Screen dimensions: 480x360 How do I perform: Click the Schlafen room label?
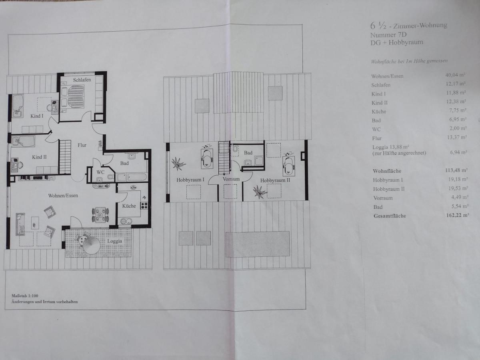pyautogui.click(x=82, y=80)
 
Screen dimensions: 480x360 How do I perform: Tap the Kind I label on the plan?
pyautogui.click(x=37, y=116)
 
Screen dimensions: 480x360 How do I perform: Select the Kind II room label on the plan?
pyautogui.click(x=39, y=157)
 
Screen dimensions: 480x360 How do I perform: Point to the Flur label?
pyautogui.click(x=82, y=145)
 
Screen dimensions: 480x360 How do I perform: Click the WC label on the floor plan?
pyautogui.click(x=100, y=172)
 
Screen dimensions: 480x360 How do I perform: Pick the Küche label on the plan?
pyautogui.click(x=129, y=206)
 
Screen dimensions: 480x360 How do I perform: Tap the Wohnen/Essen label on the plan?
pyautogui.click(x=63, y=196)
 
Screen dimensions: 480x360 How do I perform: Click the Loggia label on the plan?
pyautogui.click(x=114, y=241)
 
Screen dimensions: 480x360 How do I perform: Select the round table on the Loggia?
pyautogui.click(x=92, y=246)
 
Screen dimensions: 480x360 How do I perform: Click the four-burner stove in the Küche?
pyautogui.click(x=144, y=206)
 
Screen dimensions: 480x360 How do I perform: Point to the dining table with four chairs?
pyautogui.click(x=100, y=215)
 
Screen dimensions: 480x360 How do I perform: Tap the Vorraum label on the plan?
pyautogui.click(x=231, y=179)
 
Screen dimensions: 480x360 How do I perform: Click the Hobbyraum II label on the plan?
pyautogui.click(x=275, y=180)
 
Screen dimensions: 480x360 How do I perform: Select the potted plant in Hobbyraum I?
pyautogui.click(x=178, y=164)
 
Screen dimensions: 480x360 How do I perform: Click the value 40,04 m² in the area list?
pyautogui.click(x=455, y=75)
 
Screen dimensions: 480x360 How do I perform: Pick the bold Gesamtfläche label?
pyautogui.click(x=390, y=216)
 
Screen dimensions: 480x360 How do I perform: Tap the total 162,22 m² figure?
pyautogui.click(x=458, y=215)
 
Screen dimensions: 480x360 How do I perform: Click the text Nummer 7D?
pyautogui.click(x=388, y=35)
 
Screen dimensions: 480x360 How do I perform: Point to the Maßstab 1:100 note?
pyautogui.click(x=25, y=296)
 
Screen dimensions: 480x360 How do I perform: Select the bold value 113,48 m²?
pyautogui.click(x=456, y=170)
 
